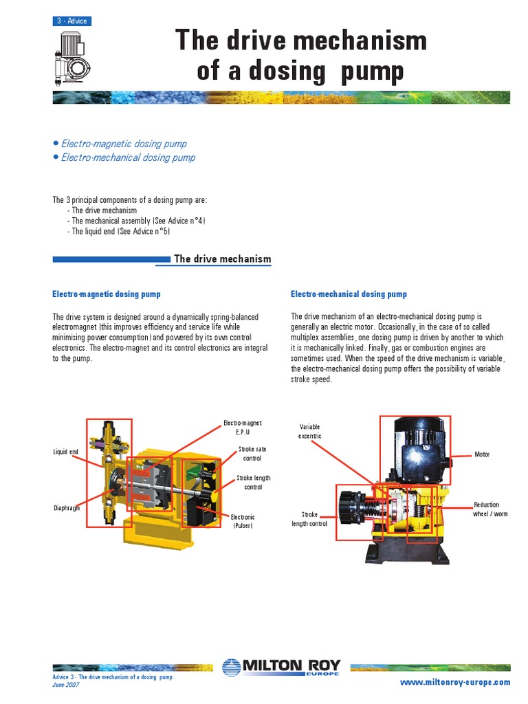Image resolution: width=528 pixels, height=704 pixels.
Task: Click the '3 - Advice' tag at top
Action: point(72,21)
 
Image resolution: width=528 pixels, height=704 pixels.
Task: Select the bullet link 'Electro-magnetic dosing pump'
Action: point(124,144)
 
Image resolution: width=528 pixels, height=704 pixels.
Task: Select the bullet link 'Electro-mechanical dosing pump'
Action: point(128,157)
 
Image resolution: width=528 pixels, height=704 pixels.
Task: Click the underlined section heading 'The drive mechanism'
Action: point(223,259)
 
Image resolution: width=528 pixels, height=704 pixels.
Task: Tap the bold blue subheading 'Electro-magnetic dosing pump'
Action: point(107,294)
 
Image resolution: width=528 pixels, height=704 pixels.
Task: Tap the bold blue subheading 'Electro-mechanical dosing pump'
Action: point(349,294)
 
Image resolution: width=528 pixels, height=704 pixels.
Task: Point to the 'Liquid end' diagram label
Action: point(66,452)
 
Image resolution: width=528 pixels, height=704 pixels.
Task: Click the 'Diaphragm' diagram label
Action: point(67,509)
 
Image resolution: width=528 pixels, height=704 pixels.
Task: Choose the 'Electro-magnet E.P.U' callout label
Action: point(243,428)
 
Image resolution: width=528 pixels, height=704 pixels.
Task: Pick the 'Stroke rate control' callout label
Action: point(252,453)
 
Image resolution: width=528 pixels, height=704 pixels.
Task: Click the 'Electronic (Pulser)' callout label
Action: point(243,521)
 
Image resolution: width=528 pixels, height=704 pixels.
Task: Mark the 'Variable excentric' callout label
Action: point(309,431)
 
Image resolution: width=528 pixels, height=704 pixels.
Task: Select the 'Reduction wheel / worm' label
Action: point(491,509)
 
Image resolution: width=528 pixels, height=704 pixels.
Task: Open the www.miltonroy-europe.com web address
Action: point(465,682)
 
